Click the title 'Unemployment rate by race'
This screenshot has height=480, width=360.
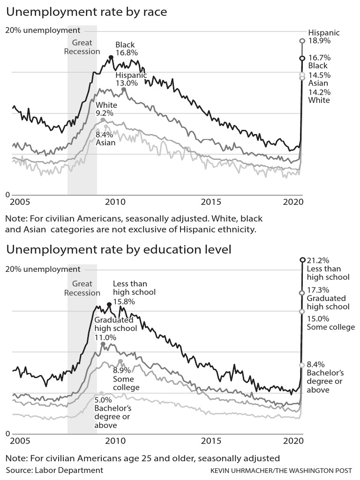pos(86,12)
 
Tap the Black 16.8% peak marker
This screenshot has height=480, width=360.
pos(111,57)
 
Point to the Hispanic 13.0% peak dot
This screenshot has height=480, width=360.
pos(124,89)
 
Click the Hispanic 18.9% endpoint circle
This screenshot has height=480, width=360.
pos(302,41)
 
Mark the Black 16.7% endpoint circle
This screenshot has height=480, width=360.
pos(302,58)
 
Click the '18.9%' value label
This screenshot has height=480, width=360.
pos(319,41)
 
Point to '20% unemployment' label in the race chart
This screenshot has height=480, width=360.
pos(43,30)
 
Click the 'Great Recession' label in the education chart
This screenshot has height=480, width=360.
pos(82,288)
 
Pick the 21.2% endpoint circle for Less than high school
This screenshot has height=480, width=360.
pos(302,260)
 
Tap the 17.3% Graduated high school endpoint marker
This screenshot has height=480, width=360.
pos(302,293)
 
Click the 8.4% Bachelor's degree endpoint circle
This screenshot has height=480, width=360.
pos(302,365)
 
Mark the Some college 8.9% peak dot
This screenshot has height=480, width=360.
pos(120,361)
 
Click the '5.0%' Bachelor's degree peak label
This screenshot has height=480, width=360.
pos(104,401)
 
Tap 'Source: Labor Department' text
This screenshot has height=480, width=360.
pos(54,470)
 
